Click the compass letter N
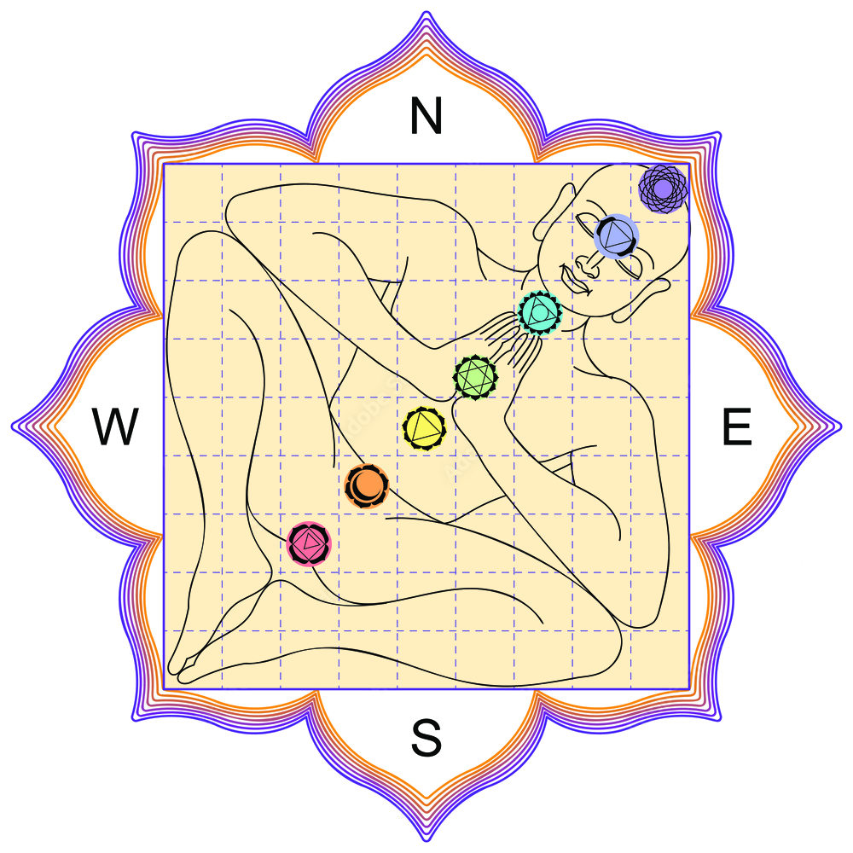click(x=426, y=115)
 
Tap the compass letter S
click(x=426, y=738)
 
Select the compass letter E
click(x=737, y=426)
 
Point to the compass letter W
click(x=115, y=426)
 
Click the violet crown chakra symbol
click(x=663, y=189)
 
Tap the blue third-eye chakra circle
click(x=616, y=235)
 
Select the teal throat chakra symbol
click(x=540, y=312)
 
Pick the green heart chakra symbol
click(x=475, y=376)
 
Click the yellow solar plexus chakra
click(x=424, y=428)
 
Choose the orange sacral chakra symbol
click(x=367, y=485)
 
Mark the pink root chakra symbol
click(x=309, y=543)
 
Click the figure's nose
click(x=587, y=265)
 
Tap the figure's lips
click(x=573, y=281)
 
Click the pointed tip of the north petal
click(x=426, y=12)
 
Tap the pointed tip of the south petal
click(x=426, y=841)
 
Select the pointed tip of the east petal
click(x=841, y=426)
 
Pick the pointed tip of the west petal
click(x=12, y=426)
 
